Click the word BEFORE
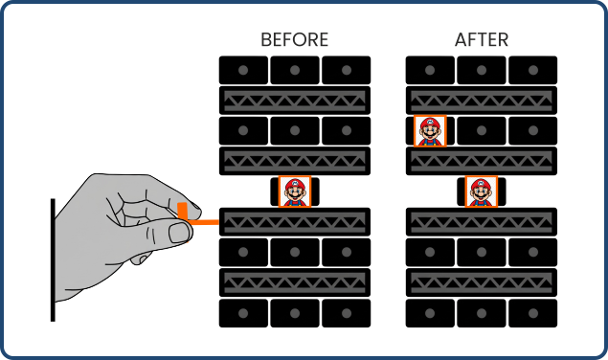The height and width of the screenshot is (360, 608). [x=294, y=40]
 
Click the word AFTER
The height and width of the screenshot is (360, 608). [x=481, y=40]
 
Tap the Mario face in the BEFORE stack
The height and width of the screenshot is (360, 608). [x=295, y=191]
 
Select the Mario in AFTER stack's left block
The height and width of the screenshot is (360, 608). [x=430, y=130]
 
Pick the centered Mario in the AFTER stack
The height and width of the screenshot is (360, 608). [x=482, y=191]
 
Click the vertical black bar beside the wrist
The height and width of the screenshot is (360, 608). [x=53, y=259]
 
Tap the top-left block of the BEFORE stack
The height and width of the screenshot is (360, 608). [x=243, y=70]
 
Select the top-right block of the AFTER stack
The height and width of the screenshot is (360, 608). [x=532, y=70]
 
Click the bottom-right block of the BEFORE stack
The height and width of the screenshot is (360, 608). [x=346, y=313]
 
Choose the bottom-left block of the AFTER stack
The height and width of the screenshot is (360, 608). [x=430, y=313]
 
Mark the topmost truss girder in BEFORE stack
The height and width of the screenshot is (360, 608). [x=295, y=100]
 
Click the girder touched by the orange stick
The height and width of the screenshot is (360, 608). [x=295, y=221]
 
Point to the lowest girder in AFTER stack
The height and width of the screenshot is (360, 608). [x=482, y=282]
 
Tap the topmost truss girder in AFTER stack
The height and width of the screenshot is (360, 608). [x=482, y=100]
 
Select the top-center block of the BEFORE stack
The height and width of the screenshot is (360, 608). [x=295, y=70]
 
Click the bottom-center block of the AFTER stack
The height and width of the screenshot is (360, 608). [x=482, y=313]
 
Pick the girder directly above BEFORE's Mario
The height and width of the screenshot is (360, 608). [x=295, y=161]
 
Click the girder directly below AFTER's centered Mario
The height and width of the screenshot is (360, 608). [x=482, y=221]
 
